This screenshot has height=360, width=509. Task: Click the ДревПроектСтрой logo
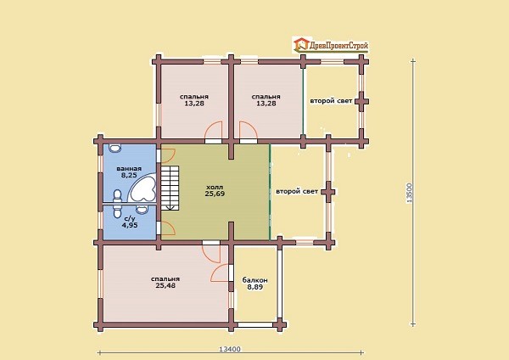tap(331, 46)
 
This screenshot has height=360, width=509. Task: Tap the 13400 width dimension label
tap(230, 349)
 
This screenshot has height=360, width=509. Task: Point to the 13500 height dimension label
tap(409, 193)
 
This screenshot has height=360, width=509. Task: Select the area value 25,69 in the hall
tap(215, 194)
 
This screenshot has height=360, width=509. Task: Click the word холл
tap(215, 187)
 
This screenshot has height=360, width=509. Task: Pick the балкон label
tap(255, 280)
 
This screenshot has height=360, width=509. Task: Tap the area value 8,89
tap(255, 287)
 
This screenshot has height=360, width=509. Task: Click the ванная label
tap(129, 169)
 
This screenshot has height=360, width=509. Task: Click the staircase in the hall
tap(171, 188)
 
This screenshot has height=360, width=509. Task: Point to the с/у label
tap(129, 219)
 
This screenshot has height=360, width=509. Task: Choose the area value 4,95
tap(129, 225)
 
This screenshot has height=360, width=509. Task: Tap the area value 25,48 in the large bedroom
tap(165, 285)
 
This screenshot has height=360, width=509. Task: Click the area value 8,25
tap(129, 175)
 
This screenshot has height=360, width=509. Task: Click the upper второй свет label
tap(331, 101)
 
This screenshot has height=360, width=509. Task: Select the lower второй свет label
tap(297, 191)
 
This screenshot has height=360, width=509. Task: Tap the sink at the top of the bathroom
tap(114, 148)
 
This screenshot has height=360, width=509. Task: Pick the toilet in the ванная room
tap(117, 196)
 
